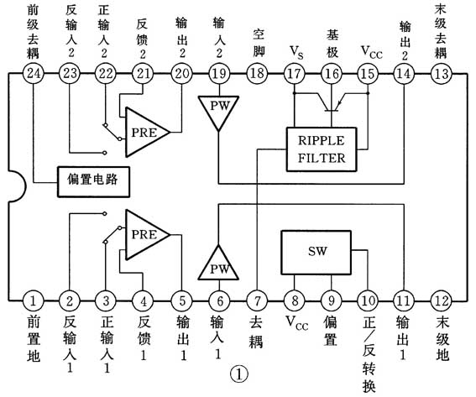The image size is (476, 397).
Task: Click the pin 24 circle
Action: (34, 74)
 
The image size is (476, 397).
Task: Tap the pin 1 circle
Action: (33, 300)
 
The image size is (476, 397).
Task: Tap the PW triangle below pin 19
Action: (217, 109)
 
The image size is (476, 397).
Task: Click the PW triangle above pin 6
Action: (217, 265)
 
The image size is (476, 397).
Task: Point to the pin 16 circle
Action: (331, 74)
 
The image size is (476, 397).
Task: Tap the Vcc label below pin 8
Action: (296, 321)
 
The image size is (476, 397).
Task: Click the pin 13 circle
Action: (440, 74)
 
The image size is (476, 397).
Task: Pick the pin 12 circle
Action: (440, 300)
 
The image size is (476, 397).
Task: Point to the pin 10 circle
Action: (367, 300)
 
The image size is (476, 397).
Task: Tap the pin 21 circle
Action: (144, 74)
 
